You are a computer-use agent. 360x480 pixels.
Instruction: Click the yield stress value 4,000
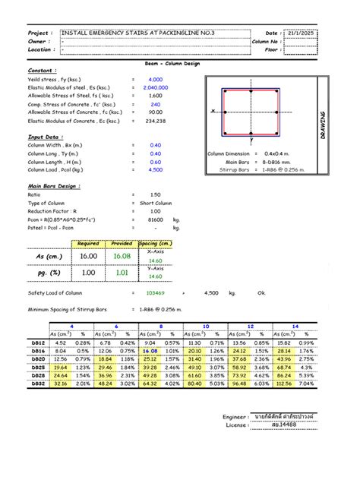[156, 80]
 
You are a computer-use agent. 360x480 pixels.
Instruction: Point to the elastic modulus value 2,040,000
[156, 87]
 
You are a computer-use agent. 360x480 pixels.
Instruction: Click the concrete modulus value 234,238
[156, 120]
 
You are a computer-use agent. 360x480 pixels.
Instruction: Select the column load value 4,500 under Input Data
[156, 170]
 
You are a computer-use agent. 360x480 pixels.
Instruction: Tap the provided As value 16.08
[122, 257]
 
